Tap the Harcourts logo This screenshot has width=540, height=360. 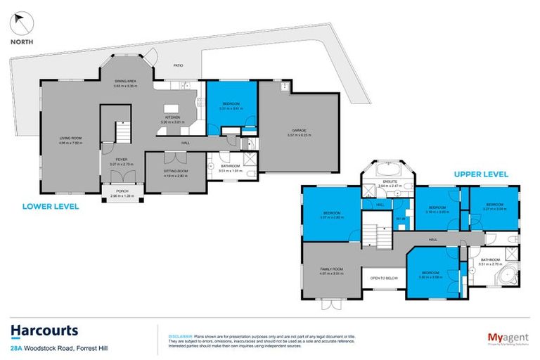(44, 330)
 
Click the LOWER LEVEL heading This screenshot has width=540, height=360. (50, 207)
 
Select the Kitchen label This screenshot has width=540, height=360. (172, 117)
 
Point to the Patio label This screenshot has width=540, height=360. (179, 66)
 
